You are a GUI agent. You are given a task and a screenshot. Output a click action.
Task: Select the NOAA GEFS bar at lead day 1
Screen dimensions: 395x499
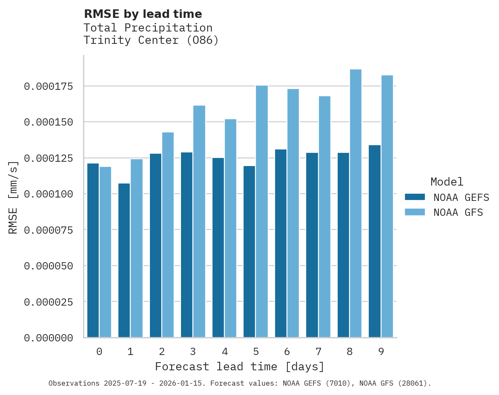[x=124, y=260]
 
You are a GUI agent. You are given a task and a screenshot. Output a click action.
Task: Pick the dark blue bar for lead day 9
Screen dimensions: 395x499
[x=375, y=241]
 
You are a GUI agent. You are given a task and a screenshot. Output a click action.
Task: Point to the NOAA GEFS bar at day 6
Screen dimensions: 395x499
[x=281, y=243]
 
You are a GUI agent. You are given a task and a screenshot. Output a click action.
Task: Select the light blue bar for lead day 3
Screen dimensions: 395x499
[x=199, y=221]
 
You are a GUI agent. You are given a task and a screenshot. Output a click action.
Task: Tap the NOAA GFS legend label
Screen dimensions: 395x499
[x=458, y=212]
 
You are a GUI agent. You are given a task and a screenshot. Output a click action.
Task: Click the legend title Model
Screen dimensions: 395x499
[x=447, y=182]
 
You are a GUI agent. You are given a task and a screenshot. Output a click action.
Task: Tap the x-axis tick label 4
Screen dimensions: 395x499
[x=224, y=352]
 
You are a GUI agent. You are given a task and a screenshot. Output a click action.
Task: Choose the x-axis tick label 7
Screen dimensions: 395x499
[x=318, y=352]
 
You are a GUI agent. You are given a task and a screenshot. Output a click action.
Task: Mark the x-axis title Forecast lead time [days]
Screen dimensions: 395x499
[x=240, y=366]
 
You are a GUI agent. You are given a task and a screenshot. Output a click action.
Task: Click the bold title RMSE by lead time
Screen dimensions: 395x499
[x=143, y=14]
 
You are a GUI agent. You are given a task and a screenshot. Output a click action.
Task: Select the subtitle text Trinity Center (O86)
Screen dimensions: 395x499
[x=151, y=40]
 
